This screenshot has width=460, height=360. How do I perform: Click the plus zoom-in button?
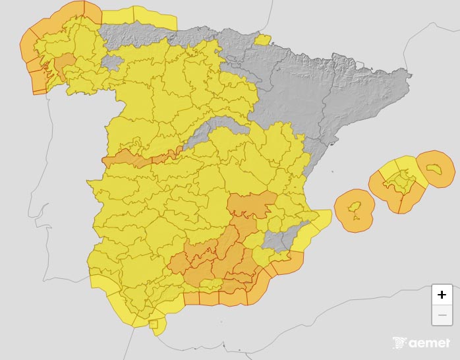[442, 295]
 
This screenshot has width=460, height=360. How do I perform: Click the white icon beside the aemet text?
[399, 344]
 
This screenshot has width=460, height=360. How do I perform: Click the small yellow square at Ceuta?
[154, 324]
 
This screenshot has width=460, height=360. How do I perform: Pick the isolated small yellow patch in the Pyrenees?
[262, 40]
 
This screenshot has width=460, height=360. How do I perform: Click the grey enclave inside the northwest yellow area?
[113, 63]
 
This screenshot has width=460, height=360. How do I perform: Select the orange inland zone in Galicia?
[64, 65]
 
